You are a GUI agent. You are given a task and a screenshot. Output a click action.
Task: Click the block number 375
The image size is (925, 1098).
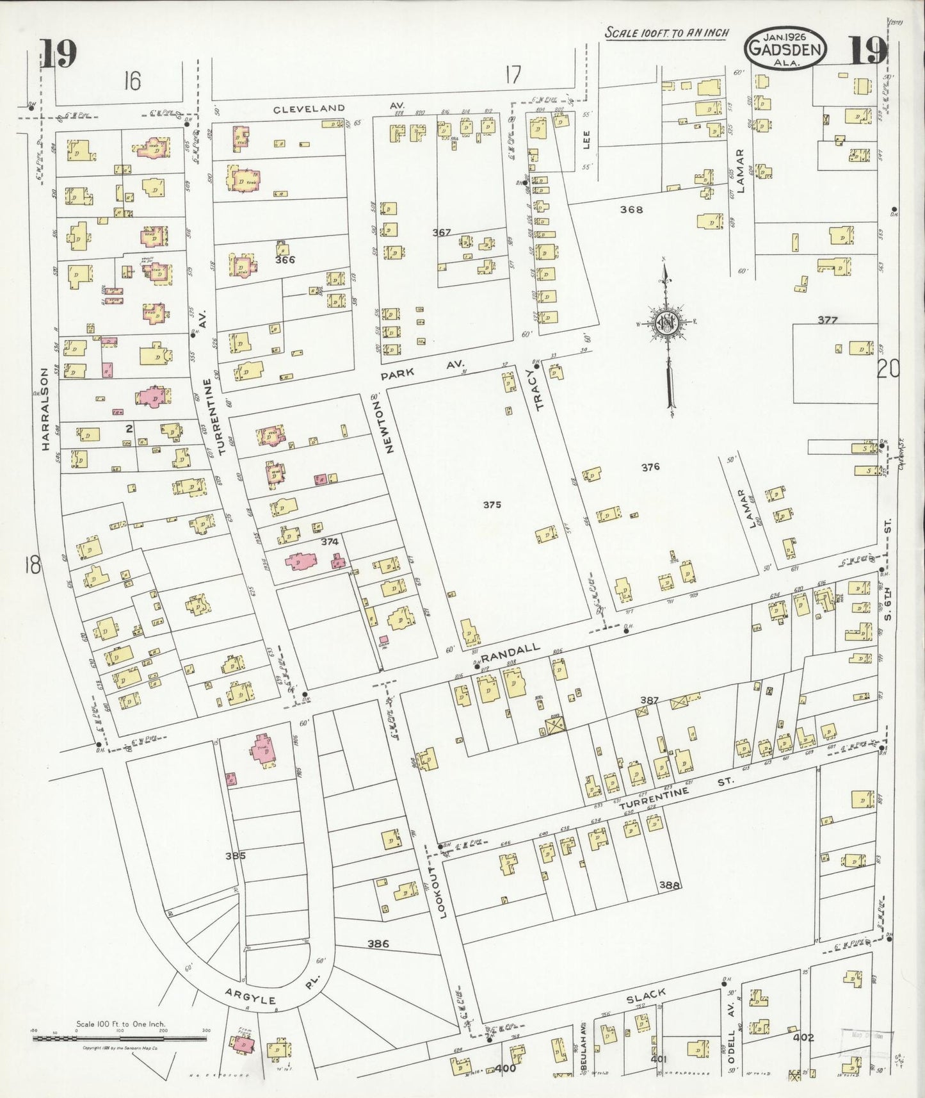[x=492, y=505]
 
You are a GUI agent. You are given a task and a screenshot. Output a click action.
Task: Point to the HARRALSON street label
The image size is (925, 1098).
[x=45, y=409]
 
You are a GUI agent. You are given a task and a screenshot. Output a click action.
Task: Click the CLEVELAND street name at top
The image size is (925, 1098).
[x=309, y=108]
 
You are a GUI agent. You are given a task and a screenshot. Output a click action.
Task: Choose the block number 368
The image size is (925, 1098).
[x=631, y=209]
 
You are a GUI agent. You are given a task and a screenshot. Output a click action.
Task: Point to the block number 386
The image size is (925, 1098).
[x=378, y=944]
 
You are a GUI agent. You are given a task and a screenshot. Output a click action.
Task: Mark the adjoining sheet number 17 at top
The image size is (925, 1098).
[x=512, y=76]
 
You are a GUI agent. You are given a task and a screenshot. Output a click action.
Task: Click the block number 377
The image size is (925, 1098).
[x=827, y=320]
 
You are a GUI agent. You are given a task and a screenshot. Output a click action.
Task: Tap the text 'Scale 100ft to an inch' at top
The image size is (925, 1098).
[x=667, y=33]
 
